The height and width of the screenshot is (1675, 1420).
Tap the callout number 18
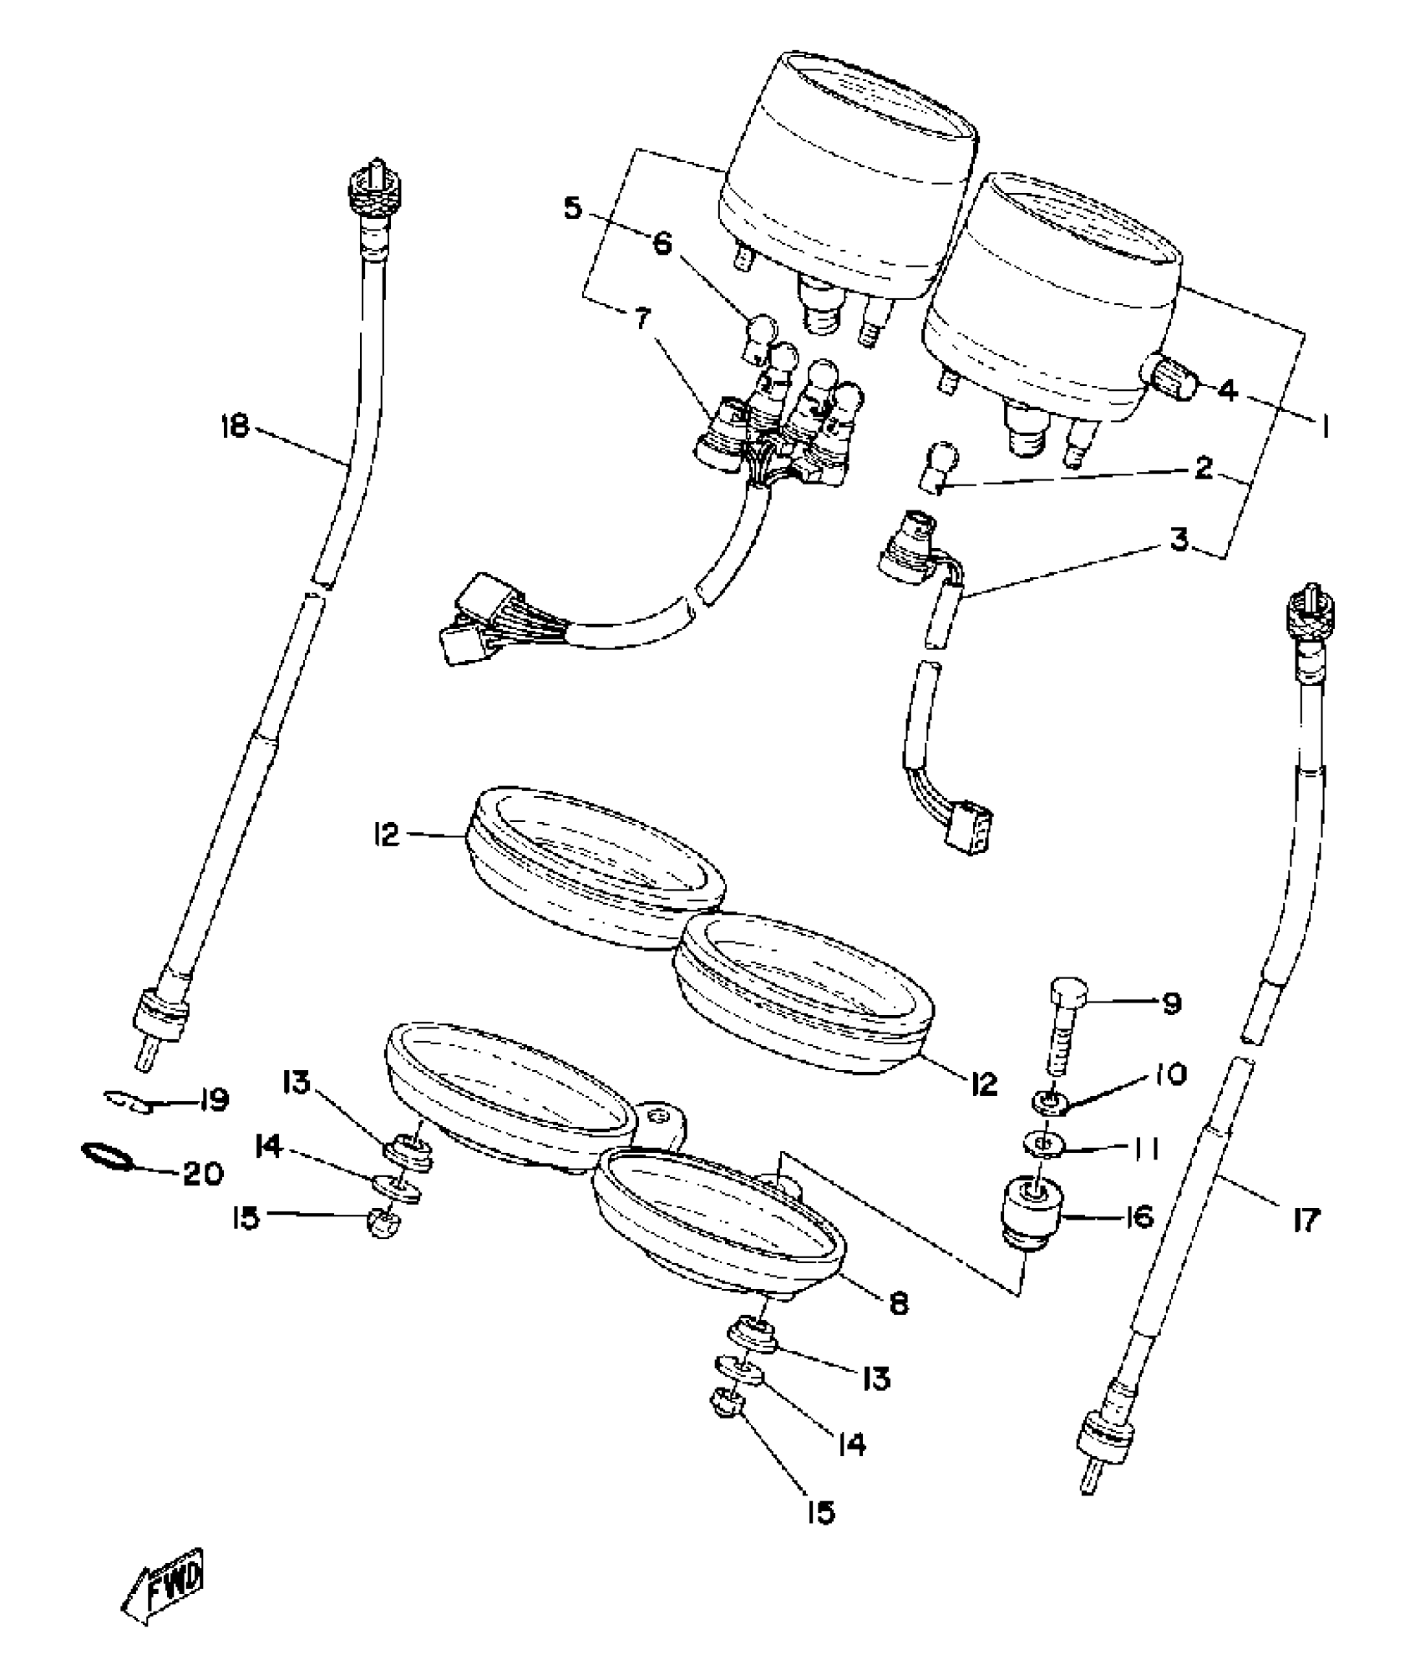236,427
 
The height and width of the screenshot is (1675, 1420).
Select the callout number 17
1305,1221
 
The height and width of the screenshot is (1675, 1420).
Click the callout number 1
1324,429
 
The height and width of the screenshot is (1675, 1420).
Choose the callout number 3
1179,539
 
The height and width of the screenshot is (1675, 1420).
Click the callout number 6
661,244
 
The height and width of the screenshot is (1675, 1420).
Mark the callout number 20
203,1175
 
